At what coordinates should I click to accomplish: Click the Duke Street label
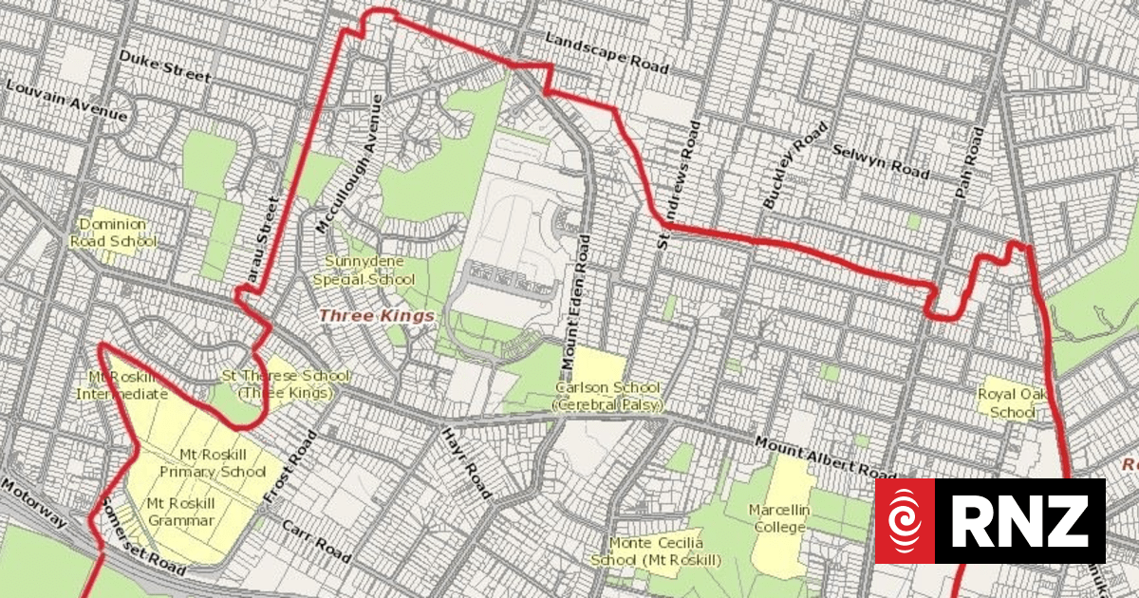[164, 66]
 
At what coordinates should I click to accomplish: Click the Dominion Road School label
[112, 233]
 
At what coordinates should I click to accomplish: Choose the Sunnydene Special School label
[364, 270]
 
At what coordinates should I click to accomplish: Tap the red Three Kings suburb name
[376, 315]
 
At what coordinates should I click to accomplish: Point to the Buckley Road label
[788, 164]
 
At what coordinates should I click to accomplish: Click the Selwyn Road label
[880, 160]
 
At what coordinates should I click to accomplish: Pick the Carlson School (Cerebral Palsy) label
[607, 397]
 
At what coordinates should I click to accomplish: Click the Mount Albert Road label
[826, 457]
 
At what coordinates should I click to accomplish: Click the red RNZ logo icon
[905, 520]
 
